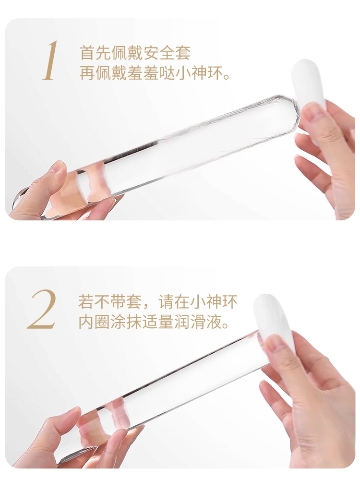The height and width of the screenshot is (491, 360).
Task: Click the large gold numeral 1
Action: (50, 60)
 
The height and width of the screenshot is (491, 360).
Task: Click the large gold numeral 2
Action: (42, 310)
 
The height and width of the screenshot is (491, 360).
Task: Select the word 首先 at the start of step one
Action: (95, 53)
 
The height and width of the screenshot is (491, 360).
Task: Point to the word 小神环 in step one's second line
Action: (198, 72)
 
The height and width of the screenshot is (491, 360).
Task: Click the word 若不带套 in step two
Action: (110, 301)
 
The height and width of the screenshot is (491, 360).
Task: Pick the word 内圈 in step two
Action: (94, 322)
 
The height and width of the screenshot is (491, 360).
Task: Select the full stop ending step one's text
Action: (227, 76)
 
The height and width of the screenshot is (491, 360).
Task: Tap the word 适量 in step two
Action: (158, 322)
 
